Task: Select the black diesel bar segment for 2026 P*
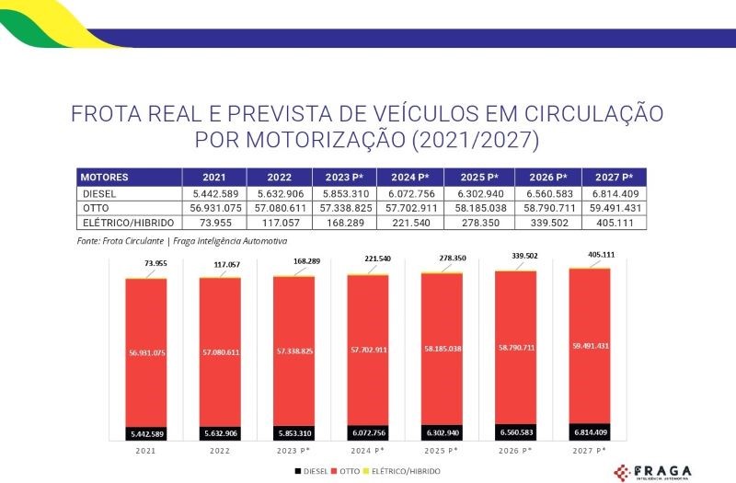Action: (515, 431)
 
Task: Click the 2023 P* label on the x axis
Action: (293, 451)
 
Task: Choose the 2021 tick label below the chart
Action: (145, 451)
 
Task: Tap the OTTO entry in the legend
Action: (348, 471)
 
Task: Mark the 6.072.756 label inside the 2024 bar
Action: (367, 432)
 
